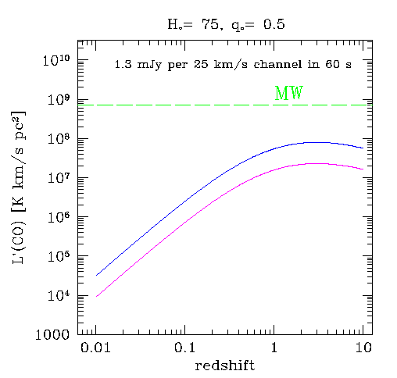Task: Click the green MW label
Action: pyautogui.click(x=289, y=93)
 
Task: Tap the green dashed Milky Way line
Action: pyautogui.click(x=225, y=105)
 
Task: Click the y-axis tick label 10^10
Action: pyautogui.click(x=56, y=61)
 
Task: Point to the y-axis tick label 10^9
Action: pyautogui.click(x=59, y=100)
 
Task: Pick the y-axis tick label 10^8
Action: pyautogui.click(x=59, y=139)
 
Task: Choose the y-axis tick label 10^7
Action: pyautogui.click(x=59, y=179)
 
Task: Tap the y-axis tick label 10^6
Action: pyautogui.click(x=59, y=218)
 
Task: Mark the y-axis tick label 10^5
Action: pyautogui.click(x=59, y=257)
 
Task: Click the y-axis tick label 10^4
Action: pyautogui.click(x=59, y=296)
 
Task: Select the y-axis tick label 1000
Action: pyautogui.click(x=52, y=334)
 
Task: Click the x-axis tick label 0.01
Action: pyautogui.click(x=95, y=348)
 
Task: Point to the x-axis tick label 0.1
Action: pyautogui.click(x=184, y=348)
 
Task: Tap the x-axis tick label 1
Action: pyautogui.click(x=274, y=348)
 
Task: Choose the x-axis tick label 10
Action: pyautogui.click(x=363, y=348)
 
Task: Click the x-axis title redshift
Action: pyautogui.click(x=225, y=366)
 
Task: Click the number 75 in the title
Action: pyautogui.click(x=211, y=25)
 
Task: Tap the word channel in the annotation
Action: pyautogui.click(x=278, y=64)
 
